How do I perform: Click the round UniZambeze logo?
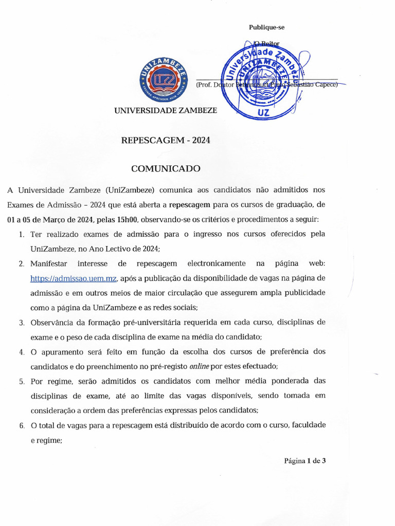tap(162, 80)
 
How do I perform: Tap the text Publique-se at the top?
tap(266, 27)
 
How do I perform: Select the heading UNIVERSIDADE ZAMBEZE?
tap(165, 110)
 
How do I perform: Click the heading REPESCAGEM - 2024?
tap(165, 140)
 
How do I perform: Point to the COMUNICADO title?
tap(165, 168)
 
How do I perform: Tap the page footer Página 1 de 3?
tap(305, 461)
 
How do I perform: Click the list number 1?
tap(21, 234)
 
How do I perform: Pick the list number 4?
tap(22, 352)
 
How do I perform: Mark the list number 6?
tap(22, 426)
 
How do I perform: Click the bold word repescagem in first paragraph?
tap(189, 204)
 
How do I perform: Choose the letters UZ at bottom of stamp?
tap(262, 112)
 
